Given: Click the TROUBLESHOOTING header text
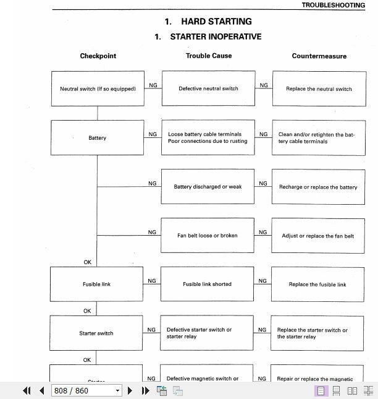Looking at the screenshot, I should tap(333, 5).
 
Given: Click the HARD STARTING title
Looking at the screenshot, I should tap(208, 22).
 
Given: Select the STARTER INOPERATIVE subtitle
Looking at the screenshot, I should tap(208, 36).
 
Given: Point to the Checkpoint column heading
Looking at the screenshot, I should tap(98, 56).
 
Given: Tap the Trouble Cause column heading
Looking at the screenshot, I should tap(209, 56).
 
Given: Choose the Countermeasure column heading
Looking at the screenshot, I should tap(319, 56).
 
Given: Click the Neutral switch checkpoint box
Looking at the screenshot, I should tap(98, 88).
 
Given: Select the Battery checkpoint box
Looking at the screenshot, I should tap(98, 137).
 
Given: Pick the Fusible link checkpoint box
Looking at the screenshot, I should tap(96, 285).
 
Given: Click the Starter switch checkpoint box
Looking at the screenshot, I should tap(96, 333).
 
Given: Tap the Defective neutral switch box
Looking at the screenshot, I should tap(208, 88).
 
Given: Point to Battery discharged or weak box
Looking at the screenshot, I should tap(208, 187).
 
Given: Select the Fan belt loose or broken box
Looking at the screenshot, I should tap(208, 236).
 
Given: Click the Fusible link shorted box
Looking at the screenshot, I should tap(208, 285).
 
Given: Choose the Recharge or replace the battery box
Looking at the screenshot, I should tap(318, 187).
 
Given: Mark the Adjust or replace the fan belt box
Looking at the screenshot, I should tap(318, 236).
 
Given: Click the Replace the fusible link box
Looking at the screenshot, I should tap(317, 285).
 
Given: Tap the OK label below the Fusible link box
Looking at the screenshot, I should tap(87, 311).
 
